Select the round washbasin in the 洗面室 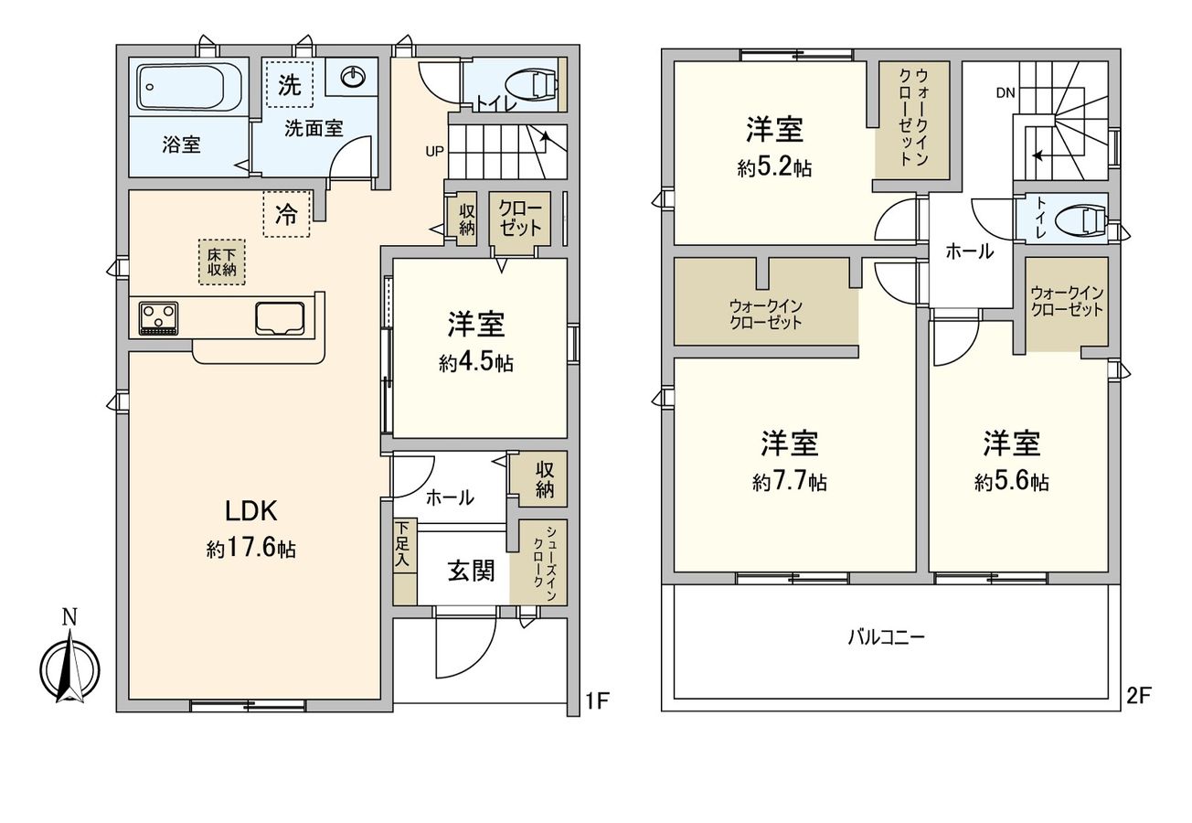coord(352,78)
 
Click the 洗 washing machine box coord(288,85)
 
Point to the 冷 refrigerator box coord(287,215)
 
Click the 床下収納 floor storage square coord(221,262)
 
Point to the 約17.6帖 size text coord(250,549)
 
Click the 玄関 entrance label coord(471,571)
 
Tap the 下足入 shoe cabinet coord(403,561)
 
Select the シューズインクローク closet coord(544,561)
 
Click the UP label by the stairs coord(434,152)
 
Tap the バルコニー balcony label coord(886,637)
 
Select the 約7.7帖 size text coord(790,482)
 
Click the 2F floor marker coord(1138,695)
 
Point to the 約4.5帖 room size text coord(475,363)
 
